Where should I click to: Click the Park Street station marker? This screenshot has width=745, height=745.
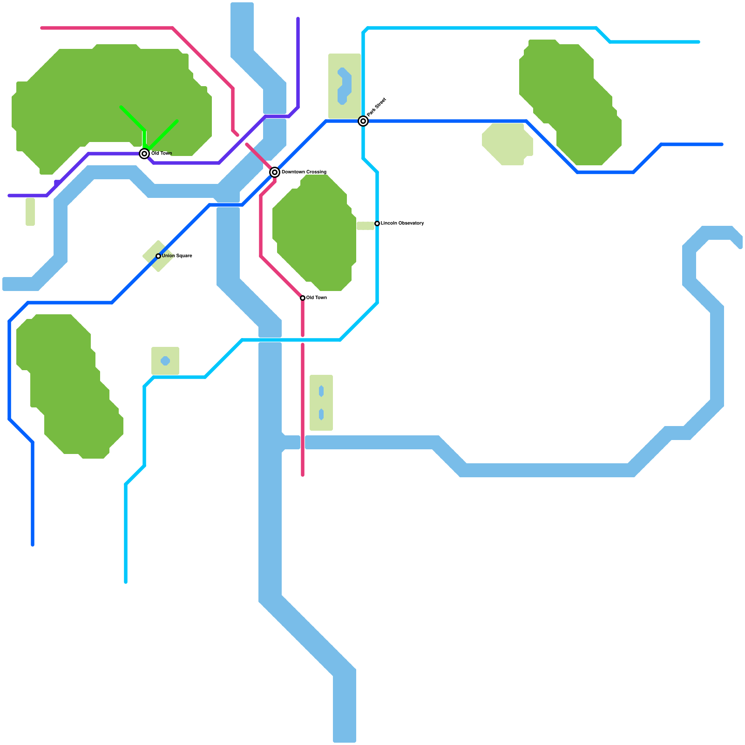[363, 121]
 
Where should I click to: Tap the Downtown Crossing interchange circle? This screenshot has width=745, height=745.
[275, 172]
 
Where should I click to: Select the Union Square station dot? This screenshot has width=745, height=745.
[158, 256]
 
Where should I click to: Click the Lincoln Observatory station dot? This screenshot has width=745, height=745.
[377, 223]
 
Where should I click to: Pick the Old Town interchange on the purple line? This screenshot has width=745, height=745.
[144, 154]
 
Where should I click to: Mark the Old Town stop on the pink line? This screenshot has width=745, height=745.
[303, 298]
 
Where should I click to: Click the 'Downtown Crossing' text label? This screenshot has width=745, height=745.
[304, 172]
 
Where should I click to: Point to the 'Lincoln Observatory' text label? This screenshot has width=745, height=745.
[402, 223]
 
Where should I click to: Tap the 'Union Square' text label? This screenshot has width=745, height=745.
[177, 256]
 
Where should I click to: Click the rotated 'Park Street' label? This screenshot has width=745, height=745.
[376, 107]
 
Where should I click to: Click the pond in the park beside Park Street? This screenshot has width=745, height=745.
[345, 86]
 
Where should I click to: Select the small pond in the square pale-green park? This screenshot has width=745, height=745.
[165, 361]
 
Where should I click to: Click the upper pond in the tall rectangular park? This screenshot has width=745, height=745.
[321, 391]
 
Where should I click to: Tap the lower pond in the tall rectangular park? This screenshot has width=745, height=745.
[321, 414]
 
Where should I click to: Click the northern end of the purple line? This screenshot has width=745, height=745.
[298, 19]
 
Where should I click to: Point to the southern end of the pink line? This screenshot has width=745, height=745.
[303, 475]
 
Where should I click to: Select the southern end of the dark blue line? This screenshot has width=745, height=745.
[33, 544]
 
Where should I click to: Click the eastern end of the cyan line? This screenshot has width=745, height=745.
[698, 42]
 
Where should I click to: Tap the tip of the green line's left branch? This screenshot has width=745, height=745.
[121, 108]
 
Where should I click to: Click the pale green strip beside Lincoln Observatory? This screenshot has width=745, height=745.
[366, 226]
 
